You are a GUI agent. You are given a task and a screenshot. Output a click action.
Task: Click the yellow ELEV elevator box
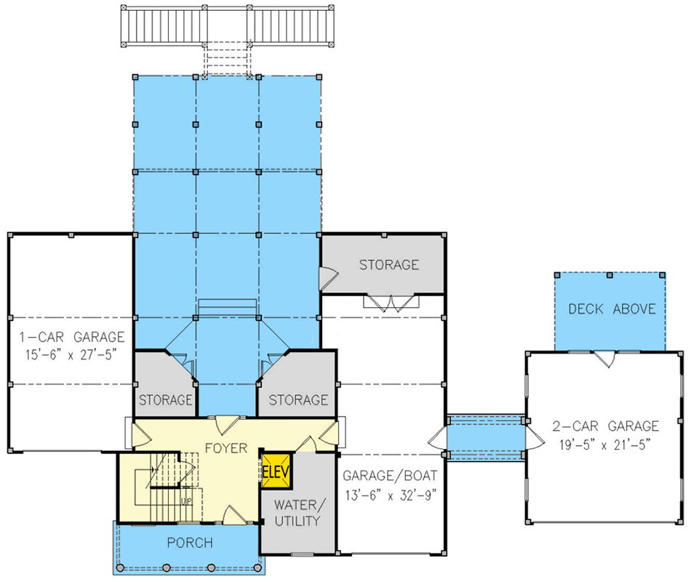tap(277, 472)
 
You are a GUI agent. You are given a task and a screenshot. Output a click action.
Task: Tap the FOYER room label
tap(225, 447)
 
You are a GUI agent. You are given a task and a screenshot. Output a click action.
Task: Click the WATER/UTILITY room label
tap(297, 512)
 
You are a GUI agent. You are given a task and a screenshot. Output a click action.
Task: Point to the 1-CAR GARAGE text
tap(71, 338)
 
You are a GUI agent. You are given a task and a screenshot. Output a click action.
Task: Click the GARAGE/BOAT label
tap(390, 477)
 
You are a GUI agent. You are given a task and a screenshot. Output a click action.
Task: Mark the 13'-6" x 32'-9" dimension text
tap(390, 494)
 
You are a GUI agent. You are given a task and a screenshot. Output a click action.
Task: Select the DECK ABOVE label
tap(611, 309)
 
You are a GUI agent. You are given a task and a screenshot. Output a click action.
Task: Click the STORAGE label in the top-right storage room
tap(388, 265)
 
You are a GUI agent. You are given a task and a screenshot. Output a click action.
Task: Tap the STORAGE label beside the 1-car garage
tap(165, 400)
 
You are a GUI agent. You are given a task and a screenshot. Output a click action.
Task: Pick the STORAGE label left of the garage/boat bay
tap(298, 400)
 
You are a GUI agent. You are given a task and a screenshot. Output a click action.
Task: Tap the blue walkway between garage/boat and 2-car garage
tap(485, 436)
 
